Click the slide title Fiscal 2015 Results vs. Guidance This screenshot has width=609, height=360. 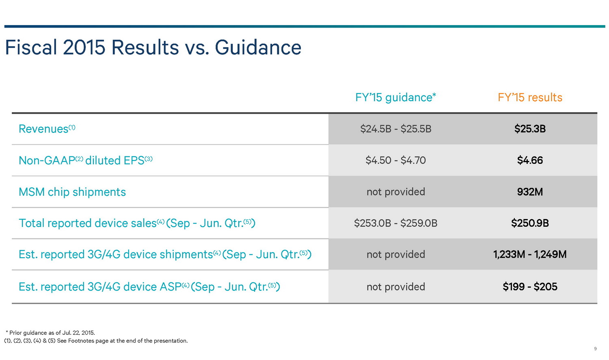coord(153,48)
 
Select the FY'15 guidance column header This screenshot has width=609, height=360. coord(395,98)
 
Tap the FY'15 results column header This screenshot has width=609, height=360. coord(530,98)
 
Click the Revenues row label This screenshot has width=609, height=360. coord(47,128)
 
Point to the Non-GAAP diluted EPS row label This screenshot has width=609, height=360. coord(85,160)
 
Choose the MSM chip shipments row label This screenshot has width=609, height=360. coord(72,192)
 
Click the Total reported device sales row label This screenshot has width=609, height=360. coord(137,223)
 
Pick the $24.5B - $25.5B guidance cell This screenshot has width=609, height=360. coord(395,129)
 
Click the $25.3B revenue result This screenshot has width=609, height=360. coord(530,129)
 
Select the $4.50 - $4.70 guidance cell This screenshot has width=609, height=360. coord(395,160)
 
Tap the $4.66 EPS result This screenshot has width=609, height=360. coord(530,160)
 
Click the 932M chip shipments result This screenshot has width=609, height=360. coord(530,192)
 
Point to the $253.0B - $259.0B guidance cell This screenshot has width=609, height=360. coord(395,223)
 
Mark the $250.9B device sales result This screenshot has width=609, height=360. coord(530,223)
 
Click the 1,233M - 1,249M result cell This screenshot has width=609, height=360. coord(530,254)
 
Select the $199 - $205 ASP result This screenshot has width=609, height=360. coord(530,286)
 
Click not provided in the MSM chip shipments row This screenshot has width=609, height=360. coord(395,192)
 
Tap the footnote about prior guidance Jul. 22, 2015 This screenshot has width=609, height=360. coord(50,332)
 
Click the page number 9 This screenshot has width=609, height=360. coord(595,349)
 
